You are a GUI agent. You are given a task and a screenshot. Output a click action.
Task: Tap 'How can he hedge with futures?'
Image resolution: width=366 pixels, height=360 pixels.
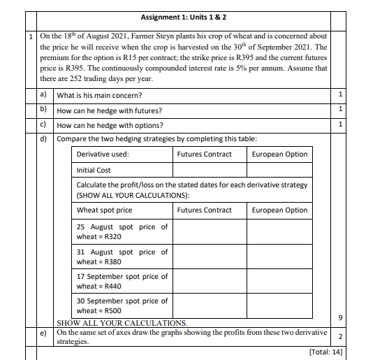coord(110,110)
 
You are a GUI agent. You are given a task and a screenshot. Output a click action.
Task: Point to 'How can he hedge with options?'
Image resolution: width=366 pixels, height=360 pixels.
coord(110,125)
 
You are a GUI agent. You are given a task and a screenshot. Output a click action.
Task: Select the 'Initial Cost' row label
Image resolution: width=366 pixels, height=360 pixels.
coord(94,170)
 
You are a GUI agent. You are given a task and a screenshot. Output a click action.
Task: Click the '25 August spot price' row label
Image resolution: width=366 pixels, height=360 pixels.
coord(122,231)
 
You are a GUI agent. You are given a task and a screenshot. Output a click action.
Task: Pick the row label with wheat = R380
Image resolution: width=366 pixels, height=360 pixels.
coord(122,257)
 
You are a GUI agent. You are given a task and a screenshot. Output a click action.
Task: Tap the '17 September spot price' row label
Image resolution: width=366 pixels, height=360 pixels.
coord(122,281)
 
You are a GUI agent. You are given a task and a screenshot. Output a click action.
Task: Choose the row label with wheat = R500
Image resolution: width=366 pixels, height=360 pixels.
coord(122,305)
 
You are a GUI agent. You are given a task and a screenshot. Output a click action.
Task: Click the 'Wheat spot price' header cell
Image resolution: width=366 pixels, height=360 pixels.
coord(104,210)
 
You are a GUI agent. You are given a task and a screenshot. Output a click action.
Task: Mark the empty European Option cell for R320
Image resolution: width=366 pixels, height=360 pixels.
coord(279,231)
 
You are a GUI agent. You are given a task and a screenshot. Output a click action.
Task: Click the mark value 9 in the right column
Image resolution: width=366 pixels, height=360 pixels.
coord(339,318)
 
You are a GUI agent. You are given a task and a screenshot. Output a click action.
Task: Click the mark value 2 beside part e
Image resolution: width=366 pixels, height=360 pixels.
coord(339,337)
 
